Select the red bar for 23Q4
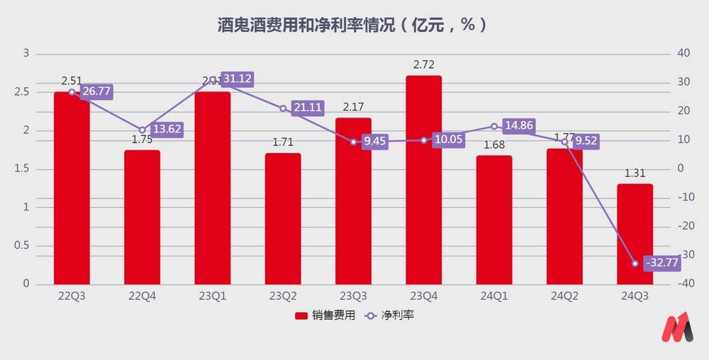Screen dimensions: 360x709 point(423,180)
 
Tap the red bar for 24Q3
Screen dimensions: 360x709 point(635,234)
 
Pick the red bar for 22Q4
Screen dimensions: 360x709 point(142,217)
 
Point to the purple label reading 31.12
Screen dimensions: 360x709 point(238,79)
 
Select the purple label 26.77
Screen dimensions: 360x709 point(96,91)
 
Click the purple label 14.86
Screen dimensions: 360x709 point(521,126)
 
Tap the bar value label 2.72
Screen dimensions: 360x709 point(423,65)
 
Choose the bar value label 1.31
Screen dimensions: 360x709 point(635,172)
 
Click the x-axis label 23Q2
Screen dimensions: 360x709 point(283,297)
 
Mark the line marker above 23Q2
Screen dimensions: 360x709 point(283,108)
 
